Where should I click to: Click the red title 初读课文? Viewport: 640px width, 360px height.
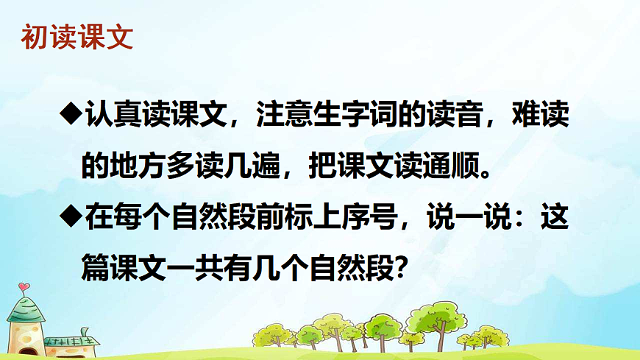(77, 36)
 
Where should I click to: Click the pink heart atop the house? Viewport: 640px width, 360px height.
(24, 286)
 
